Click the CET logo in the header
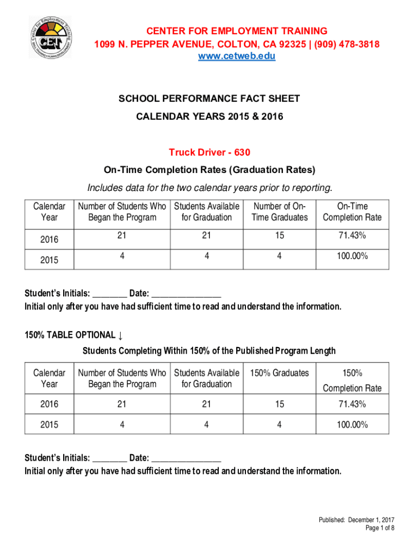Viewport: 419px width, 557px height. tap(51, 36)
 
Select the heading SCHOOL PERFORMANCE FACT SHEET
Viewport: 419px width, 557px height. tap(209, 99)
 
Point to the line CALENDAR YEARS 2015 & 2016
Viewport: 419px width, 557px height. tap(209, 116)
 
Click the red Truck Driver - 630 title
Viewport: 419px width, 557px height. tap(209, 152)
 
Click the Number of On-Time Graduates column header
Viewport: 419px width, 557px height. tap(279, 212)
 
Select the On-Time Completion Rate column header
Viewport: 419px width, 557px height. tap(352, 212)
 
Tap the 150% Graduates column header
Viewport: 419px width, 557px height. tap(279, 373)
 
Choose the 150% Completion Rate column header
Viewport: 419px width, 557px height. tap(352, 380)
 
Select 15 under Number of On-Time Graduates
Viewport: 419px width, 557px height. tap(279, 236)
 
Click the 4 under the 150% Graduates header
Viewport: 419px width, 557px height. tap(279, 424)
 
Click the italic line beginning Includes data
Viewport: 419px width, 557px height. tap(209, 188)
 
